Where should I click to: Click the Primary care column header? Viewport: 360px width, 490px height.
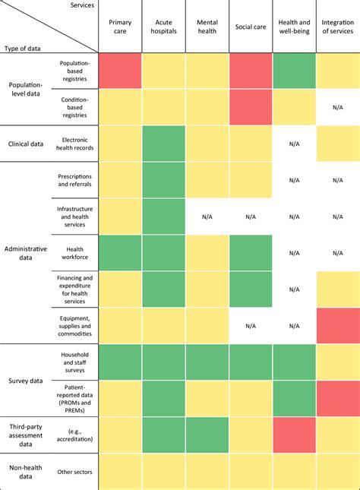point(120,27)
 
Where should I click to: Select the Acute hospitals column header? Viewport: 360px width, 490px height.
point(163,27)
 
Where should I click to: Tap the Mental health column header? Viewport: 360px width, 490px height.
point(207,27)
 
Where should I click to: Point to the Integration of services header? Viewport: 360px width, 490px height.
point(337,27)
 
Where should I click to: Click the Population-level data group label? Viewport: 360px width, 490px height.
point(26,89)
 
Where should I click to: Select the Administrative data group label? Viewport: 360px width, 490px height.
point(26,253)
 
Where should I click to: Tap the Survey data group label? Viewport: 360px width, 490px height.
point(26,381)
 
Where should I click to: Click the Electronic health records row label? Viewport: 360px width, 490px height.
point(75,144)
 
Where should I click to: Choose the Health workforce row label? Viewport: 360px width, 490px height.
point(75,253)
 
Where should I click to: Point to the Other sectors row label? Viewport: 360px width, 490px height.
point(75,472)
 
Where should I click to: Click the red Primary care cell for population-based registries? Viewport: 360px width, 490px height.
point(120,71)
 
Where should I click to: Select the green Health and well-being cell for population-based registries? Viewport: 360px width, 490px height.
point(294,71)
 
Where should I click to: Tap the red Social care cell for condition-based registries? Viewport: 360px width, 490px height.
point(251,107)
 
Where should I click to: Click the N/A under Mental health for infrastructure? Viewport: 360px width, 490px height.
point(207,217)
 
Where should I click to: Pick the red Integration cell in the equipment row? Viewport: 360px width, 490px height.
point(337,326)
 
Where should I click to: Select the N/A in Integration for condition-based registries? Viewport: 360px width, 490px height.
point(337,107)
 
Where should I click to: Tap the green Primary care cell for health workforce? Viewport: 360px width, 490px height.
point(120,253)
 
